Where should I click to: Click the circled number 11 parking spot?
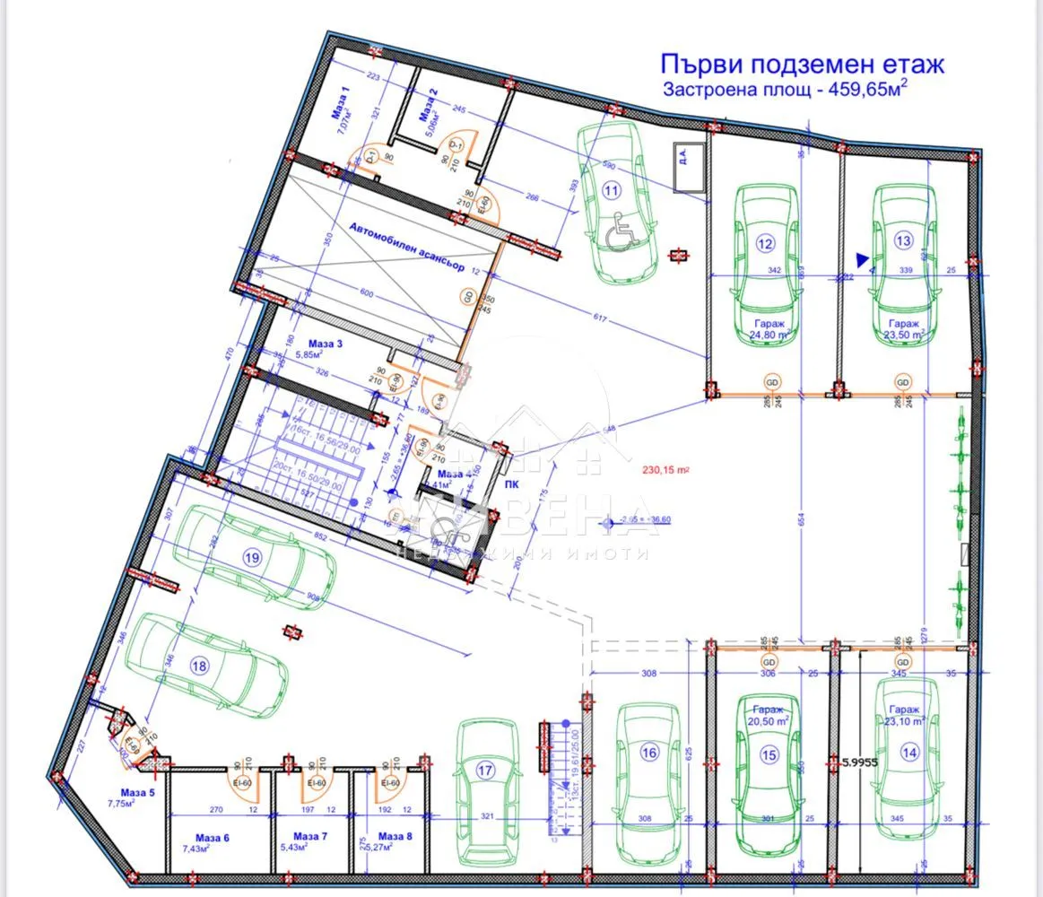point(612,190)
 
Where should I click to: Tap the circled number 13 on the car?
point(903,240)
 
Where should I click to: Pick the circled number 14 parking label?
point(909,753)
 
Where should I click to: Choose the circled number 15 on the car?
point(769,755)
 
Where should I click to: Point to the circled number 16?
point(649,753)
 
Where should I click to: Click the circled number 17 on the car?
point(485,770)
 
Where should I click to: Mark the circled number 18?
point(199,666)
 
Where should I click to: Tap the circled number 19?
point(252,557)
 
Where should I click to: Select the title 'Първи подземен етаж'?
point(802,65)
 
